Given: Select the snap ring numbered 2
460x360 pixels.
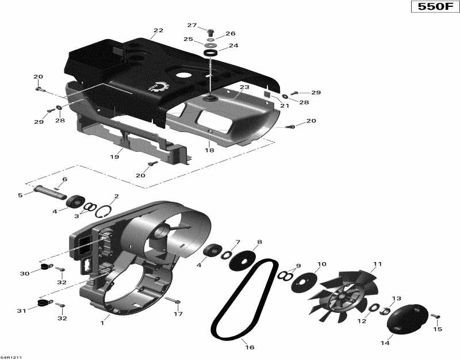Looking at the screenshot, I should click(x=102, y=210).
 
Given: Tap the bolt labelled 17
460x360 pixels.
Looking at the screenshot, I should click(x=174, y=301).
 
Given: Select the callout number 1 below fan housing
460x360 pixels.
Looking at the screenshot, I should click(x=102, y=323).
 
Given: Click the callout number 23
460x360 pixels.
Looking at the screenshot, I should click(x=244, y=87).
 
